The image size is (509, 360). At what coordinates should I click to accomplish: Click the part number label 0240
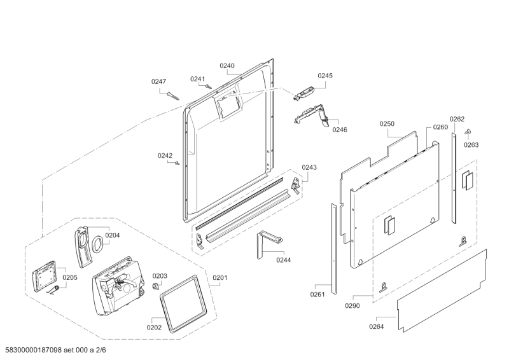pyautogui.click(x=227, y=66)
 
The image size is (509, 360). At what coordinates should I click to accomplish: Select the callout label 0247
pyautogui.click(x=158, y=81)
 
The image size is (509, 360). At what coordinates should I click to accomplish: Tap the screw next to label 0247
pyautogui.click(x=173, y=95)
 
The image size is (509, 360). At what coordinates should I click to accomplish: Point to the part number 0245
pyautogui.click(x=325, y=75)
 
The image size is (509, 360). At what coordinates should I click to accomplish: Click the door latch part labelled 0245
pyautogui.click(x=304, y=94)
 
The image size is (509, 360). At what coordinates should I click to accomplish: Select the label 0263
pyautogui.click(x=471, y=144)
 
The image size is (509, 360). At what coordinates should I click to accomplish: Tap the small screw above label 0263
pyautogui.click(x=468, y=132)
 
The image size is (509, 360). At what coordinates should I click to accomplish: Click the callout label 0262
pyautogui.click(x=457, y=119)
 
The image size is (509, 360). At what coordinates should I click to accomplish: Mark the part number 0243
pyautogui.click(x=309, y=167)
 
